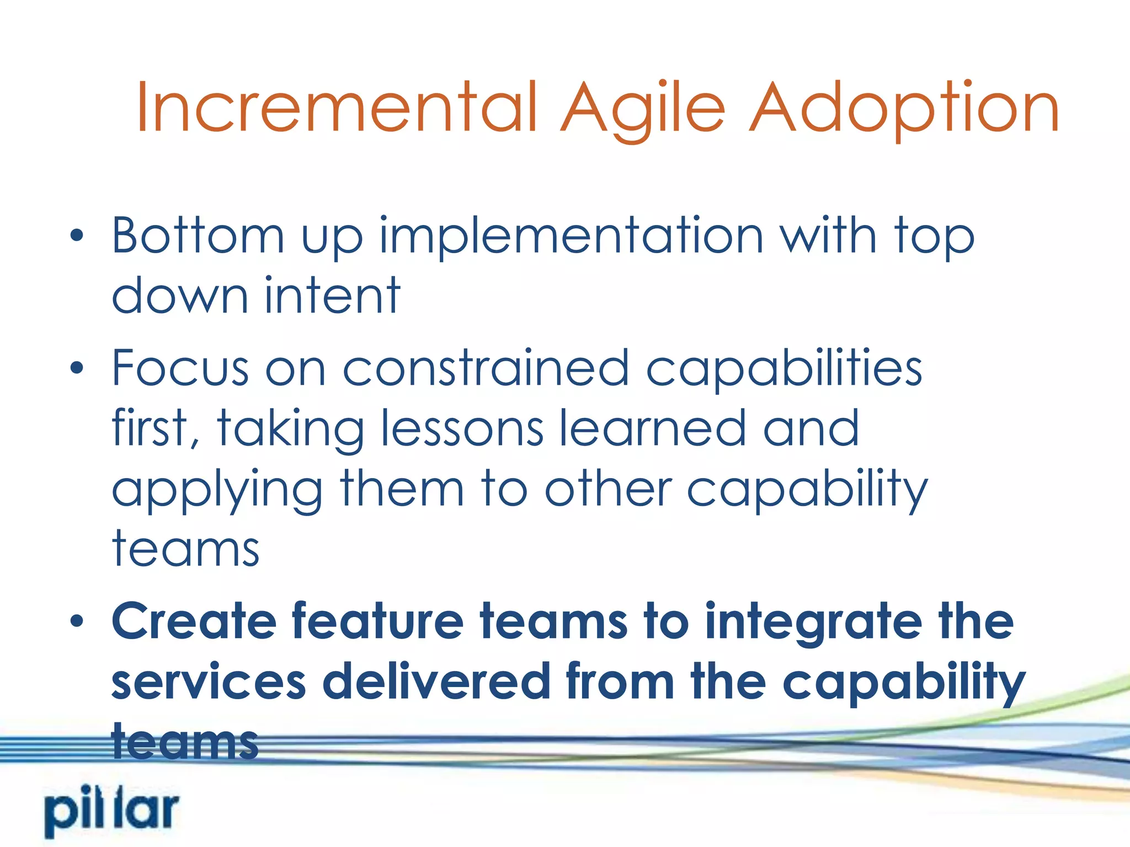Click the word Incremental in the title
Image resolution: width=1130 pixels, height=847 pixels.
tap(337, 108)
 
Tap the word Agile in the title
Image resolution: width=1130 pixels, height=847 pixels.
tap(643, 108)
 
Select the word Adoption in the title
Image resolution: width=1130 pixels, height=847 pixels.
tap(905, 108)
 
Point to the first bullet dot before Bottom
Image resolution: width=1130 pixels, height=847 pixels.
tap(77, 236)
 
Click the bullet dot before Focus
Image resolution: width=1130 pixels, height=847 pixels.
tap(77, 368)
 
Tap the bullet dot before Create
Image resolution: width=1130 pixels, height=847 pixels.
tap(77, 621)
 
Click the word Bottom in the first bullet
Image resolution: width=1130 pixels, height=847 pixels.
tap(198, 236)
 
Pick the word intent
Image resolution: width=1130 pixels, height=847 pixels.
tap(332, 296)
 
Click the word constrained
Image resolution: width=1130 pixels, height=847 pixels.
tap(486, 368)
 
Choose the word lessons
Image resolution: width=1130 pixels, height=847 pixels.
tap(462, 428)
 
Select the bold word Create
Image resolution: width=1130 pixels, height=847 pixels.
tap(194, 621)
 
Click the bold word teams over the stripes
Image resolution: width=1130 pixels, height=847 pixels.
tap(185, 742)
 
